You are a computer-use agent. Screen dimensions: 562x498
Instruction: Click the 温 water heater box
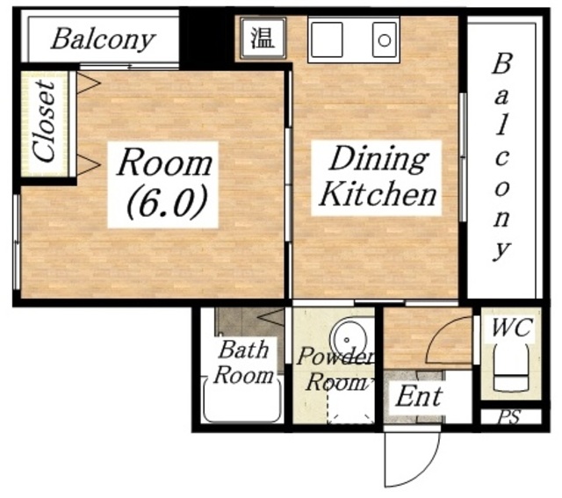point(263,38)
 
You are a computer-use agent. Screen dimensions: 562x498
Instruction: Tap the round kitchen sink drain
point(385,40)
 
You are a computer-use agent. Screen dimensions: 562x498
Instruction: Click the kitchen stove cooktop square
point(327,40)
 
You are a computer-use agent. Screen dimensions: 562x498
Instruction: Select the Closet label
point(45,120)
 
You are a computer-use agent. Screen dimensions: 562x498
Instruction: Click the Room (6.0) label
point(164,185)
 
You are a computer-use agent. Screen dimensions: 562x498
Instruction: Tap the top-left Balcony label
point(104,40)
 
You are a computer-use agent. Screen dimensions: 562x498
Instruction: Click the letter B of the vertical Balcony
point(501,64)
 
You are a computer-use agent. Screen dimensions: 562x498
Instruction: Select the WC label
point(510,327)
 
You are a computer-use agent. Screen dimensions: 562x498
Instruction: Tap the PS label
point(510,417)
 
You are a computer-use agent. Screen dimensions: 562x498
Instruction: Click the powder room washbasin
point(349,339)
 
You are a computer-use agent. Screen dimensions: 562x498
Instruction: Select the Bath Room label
point(243,362)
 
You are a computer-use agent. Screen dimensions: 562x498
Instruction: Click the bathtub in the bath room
point(242,401)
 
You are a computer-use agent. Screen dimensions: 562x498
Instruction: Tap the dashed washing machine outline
point(350,405)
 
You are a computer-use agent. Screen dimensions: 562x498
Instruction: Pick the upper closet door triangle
point(89,83)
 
